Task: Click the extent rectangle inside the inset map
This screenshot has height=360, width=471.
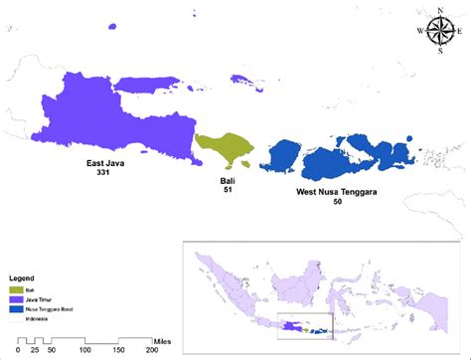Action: pos(314,322)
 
